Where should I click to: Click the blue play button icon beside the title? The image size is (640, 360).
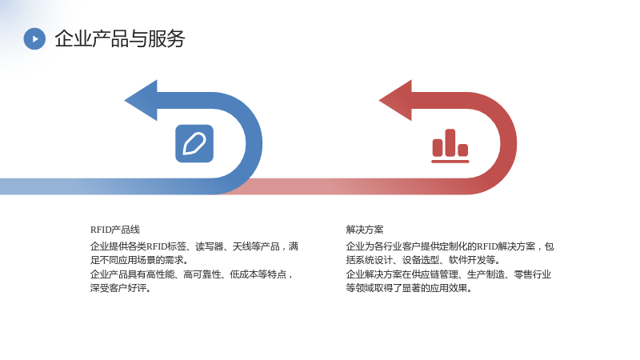point(34,38)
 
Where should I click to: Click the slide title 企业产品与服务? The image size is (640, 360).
point(119,38)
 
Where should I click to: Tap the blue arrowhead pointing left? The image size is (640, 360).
point(142,101)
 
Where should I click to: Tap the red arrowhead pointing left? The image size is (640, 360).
point(395,101)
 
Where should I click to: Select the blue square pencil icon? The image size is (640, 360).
point(194,144)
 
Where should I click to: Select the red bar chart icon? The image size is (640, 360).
point(450,146)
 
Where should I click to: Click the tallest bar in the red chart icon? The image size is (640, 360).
point(450,143)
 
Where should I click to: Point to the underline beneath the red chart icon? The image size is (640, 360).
point(450,162)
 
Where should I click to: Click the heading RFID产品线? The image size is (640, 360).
point(115,230)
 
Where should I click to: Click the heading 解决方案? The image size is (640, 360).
point(365,230)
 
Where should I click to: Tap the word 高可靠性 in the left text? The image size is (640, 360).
point(202,274)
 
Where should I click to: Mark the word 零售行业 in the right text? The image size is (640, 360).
point(533,274)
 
